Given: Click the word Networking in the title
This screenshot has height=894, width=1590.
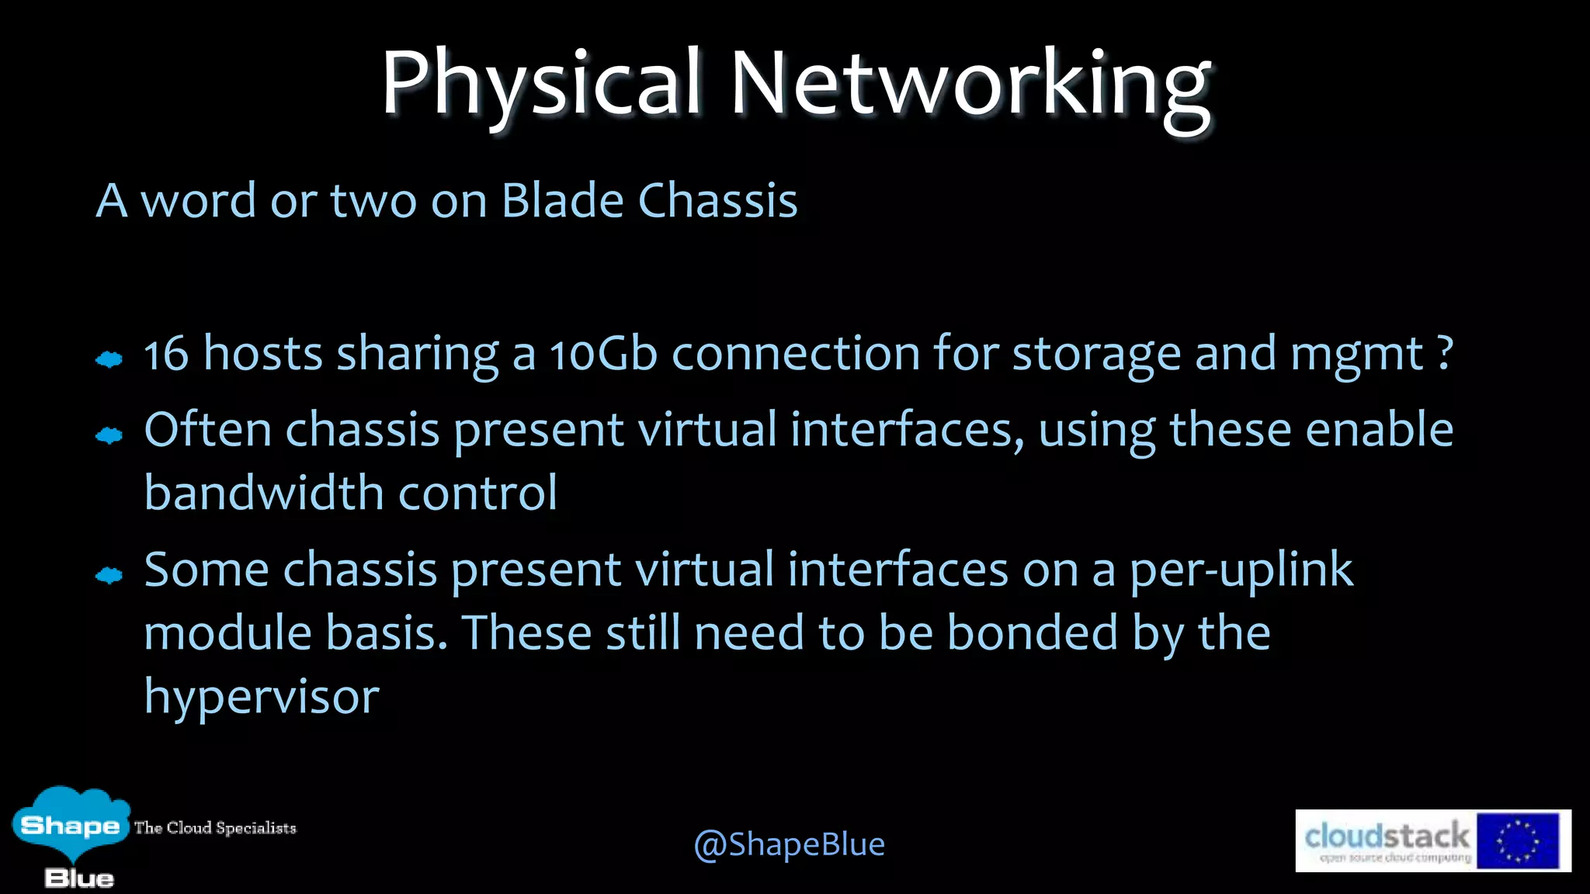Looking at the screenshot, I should click(970, 84).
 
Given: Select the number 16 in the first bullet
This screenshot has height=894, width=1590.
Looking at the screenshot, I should click(166, 355).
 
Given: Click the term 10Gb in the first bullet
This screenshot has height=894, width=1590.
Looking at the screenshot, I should click(603, 355).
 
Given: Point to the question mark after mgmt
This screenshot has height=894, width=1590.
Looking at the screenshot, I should click(1445, 355).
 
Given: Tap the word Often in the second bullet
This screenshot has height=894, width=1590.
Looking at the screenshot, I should click(207, 430).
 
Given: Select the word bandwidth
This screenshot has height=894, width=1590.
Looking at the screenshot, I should click(264, 493).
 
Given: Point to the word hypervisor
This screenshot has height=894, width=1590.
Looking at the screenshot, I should click(262, 697).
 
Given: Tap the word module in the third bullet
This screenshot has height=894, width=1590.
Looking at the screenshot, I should click(227, 632).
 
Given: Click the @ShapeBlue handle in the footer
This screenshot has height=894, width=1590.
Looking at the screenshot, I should click(789, 844).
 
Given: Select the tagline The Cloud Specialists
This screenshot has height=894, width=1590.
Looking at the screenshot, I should click(215, 828).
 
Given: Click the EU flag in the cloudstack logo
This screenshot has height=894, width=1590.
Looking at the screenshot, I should click(1517, 841).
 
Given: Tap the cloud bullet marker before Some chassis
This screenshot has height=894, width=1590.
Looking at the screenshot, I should click(109, 576).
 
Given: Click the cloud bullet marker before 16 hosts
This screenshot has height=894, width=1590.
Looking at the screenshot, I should click(109, 359).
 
